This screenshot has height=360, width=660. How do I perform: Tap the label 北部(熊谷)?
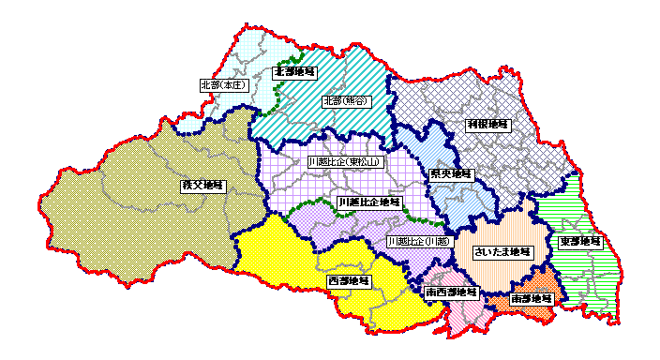point(344,100)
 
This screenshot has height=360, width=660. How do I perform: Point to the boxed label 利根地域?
point(487,124)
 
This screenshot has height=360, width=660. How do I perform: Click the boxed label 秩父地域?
point(202,186)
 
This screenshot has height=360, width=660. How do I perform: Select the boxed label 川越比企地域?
point(369,202)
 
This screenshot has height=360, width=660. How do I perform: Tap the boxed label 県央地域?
point(451,174)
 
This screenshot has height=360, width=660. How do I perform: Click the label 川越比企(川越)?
point(417,241)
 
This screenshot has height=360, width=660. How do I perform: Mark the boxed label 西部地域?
point(348,280)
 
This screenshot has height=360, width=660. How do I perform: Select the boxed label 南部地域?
point(532,299)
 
